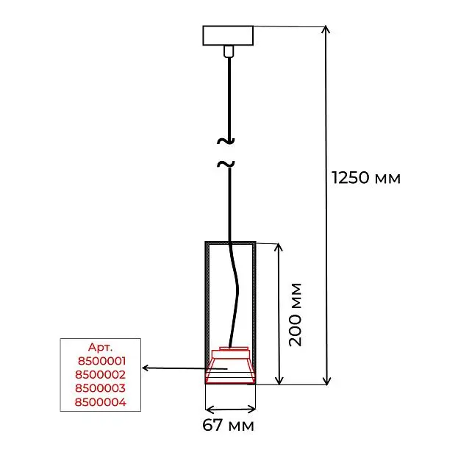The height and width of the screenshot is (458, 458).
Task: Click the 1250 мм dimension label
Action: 366,178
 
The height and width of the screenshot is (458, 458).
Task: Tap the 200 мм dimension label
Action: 295,315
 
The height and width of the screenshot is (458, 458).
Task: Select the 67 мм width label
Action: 228,425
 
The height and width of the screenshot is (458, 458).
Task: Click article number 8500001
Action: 101,361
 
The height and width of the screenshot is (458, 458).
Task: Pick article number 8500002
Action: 101,375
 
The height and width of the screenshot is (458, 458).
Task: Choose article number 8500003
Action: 100,388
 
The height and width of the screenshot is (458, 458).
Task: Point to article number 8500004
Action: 101,402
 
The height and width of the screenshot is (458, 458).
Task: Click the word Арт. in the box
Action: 100,347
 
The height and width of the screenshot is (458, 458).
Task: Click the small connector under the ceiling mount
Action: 229,51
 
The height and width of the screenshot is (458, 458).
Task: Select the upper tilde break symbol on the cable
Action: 226,141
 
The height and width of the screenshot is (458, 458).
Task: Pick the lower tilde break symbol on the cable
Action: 226,164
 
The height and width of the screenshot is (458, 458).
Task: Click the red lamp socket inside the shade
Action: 230,365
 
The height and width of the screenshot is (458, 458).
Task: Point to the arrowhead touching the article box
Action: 145,368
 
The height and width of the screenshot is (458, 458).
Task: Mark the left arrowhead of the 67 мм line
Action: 209,409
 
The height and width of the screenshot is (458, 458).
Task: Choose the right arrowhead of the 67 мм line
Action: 251,409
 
